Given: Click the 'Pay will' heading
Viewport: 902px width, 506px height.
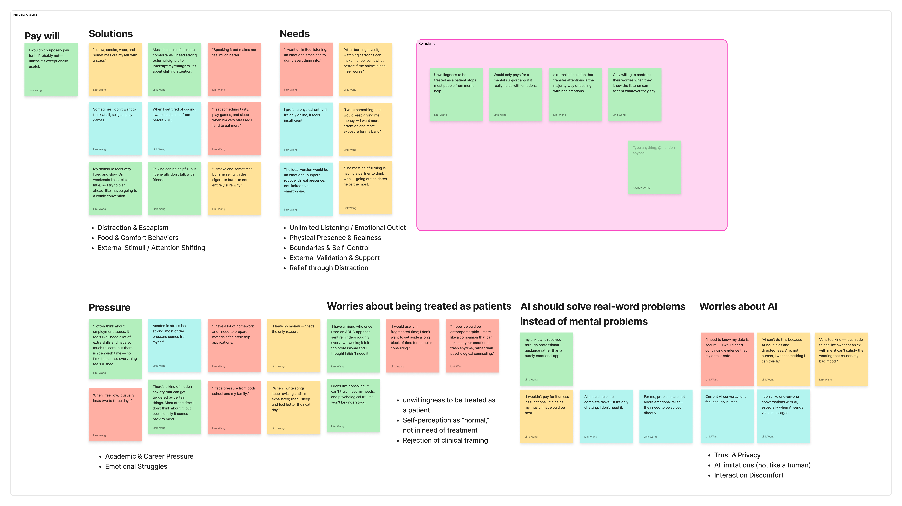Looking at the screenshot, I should pyautogui.click(x=42, y=36).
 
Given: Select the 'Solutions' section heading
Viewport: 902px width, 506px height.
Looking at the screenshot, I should pyautogui.click(x=111, y=34).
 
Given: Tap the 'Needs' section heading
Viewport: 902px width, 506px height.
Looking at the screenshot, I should pyautogui.click(x=294, y=34).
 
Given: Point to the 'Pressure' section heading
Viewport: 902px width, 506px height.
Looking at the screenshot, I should pyautogui.click(x=109, y=307).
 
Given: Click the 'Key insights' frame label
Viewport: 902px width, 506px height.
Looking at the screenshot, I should pyautogui.click(x=427, y=44).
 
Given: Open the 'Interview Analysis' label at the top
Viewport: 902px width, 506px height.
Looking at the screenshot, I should pyautogui.click(x=24, y=15).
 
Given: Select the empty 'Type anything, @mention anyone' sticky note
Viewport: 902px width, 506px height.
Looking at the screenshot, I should pyautogui.click(x=654, y=167).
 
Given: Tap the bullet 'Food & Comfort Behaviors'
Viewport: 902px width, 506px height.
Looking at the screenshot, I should pyautogui.click(x=138, y=238).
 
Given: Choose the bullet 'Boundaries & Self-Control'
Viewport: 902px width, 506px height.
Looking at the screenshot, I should pyautogui.click(x=329, y=248).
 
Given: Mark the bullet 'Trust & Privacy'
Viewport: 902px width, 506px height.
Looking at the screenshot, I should pyautogui.click(x=737, y=455).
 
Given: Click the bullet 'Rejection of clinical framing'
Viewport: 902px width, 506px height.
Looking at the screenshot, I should pyautogui.click(x=445, y=441).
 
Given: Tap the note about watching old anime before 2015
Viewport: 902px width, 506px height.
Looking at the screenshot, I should pyautogui.click(x=174, y=128).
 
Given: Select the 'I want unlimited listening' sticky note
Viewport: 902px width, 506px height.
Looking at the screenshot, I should pyautogui.click(x=306, y=69).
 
